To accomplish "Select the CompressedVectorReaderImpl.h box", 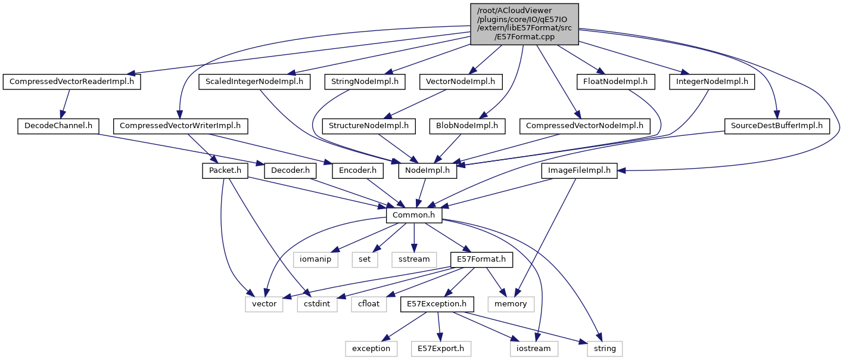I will [72, 82].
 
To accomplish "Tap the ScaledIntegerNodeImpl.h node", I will [254, 82].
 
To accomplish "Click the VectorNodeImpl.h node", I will [461, 82].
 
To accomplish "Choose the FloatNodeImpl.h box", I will [615, 82].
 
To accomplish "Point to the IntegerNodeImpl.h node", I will [711, 82].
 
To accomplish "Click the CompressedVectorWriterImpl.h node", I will [180, 126].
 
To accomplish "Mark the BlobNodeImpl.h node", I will [468, 126].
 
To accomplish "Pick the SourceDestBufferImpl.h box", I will [777, 126].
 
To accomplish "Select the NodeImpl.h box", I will [428, 170].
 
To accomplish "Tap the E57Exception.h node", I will [437, 304].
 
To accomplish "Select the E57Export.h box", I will [441, 348].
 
